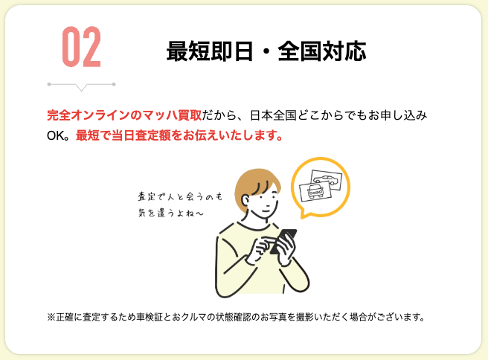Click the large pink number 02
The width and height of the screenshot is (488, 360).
pyautogui.click(x=82, y=47)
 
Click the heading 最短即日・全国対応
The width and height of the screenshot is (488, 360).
pyautogui.click(x=266, y=51)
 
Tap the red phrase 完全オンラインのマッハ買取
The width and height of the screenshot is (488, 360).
pyautogui.click(x=124, y=115)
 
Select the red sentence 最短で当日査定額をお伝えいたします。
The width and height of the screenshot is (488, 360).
pyautogui.click(x=179, y=135)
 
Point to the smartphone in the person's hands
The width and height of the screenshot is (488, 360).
pyautogui.click(x=283, y=242)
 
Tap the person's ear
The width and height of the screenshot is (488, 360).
pyautogui.click(x=246, y=200)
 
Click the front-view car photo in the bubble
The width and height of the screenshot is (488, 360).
pyautogui.click(x=315, y=190)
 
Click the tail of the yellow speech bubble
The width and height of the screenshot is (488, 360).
pyautogui.click(x=304, y=214)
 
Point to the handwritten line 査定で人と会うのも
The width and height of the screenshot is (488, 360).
pyautogui.click(x=180, y=196)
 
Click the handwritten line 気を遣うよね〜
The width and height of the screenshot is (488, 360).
pyautogui.click(x=171, y=213)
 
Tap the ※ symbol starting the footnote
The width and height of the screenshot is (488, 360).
pyautogui.click(x=51, y=318)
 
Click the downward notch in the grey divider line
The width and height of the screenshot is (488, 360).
pyautogui.click(x=82, y=88)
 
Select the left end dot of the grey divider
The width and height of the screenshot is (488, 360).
pyautogui.click(x=49, y=84)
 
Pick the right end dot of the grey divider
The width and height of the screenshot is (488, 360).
pyautogui.click(x=114, y=84)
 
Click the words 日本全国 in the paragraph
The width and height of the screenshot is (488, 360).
pyautogui.click(x=273, y=115)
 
